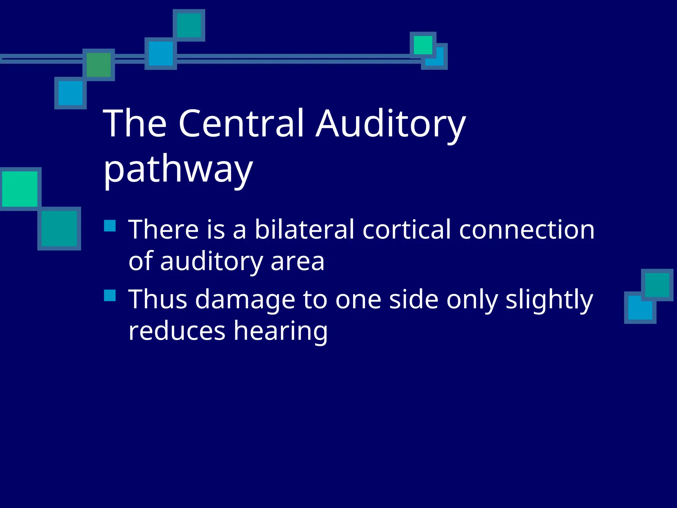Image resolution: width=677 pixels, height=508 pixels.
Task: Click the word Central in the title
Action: click(x=241, y=123)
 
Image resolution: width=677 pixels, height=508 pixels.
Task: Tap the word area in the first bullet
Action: click(x=297, y=261)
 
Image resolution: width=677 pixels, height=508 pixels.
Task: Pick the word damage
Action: click(x=245, y=300)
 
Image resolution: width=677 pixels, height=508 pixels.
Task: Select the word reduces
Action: click(x=177, y=331)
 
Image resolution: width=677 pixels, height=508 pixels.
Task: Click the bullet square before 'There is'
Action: click(x=110, y=226)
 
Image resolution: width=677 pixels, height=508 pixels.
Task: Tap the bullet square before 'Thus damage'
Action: click(x=110, y=295)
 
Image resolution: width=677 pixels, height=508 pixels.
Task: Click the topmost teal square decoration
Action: click(x=189, y=25)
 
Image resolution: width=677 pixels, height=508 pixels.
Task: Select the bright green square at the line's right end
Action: click(x=423, y=45)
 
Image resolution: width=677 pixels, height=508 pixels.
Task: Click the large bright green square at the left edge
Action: click(x=20, y=189)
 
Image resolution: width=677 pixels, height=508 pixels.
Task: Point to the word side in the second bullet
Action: click(x=414, y=299)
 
